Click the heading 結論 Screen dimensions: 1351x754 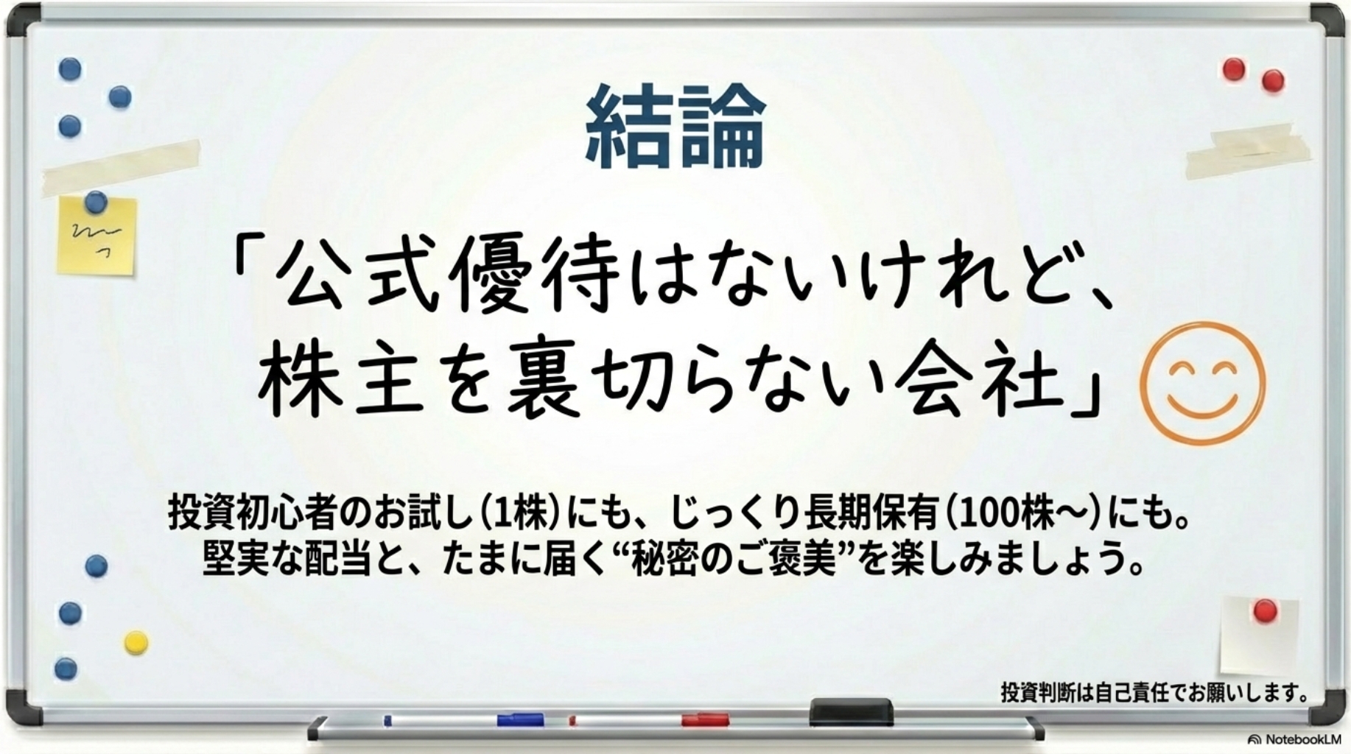(675, 127)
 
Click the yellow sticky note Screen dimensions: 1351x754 (97, 236)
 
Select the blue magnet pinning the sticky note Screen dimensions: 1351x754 (96, 200)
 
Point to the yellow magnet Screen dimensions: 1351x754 (136, 642)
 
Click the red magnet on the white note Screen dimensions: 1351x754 (1265, 610)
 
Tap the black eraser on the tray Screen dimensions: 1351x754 (851, 712)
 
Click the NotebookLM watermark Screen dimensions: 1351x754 (1294, 739)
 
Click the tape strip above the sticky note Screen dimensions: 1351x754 (122, 167)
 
